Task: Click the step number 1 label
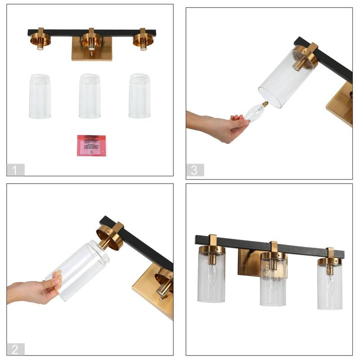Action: pyautogui.click(x=15, y=170)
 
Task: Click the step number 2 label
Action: pyautogui.click(x=15, y=349)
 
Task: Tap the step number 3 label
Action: pyautogui.click(x=194, y=170)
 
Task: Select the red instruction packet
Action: pyautogui.click(x=91, y=145)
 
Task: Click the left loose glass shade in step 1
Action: pyautogui.click(x=40, y=96)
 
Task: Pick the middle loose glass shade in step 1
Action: pyautogui.click(x=90, y=96)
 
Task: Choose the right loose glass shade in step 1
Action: pyautogui.click(x=139, y=96)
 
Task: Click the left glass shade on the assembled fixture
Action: pyautogui.click(x=211, y=279)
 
